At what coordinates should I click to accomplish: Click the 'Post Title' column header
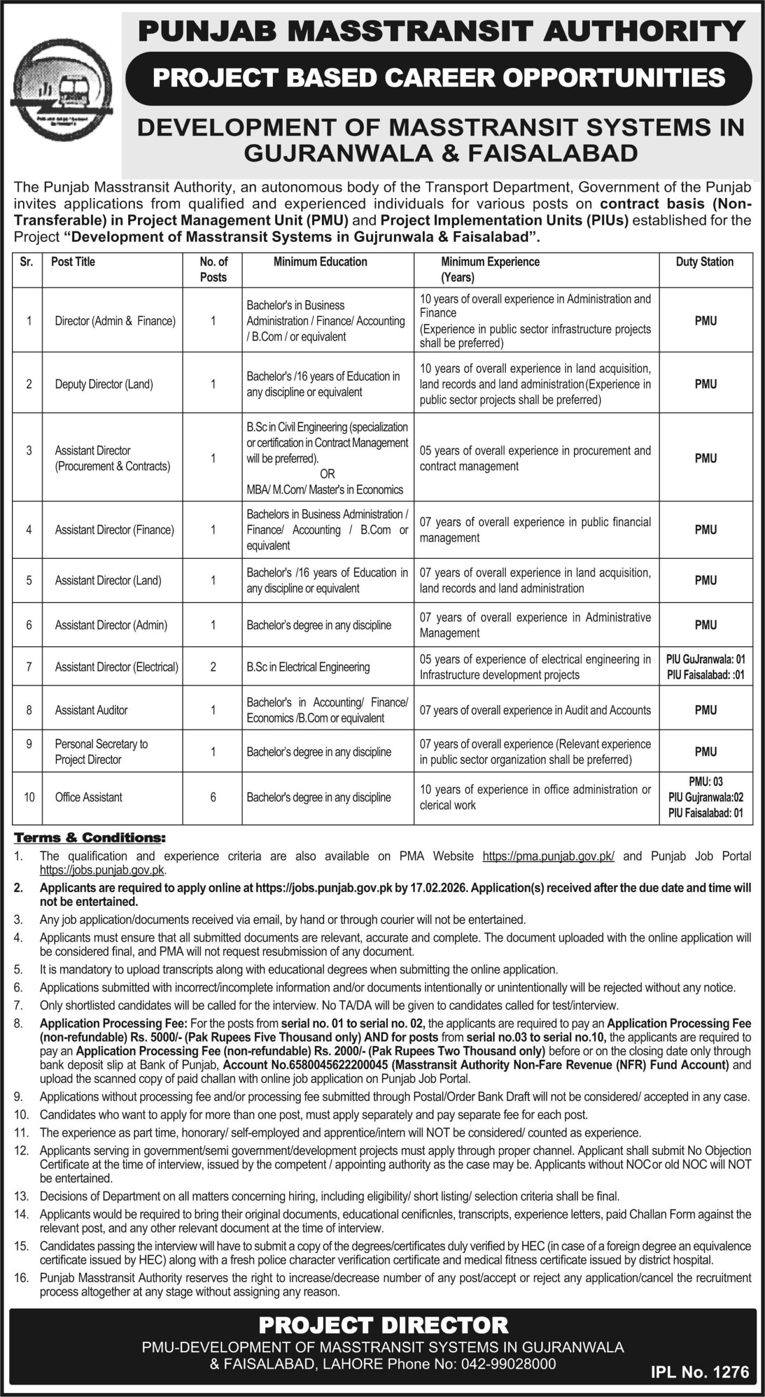(73, 262)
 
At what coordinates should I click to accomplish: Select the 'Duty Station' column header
(704, 262)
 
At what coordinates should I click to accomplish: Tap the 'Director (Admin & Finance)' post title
(115, 321)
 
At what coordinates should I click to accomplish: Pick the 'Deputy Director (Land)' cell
(104, 384)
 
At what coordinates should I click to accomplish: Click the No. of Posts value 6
(213, 797)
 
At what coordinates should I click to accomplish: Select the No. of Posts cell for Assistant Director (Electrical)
(213, 667)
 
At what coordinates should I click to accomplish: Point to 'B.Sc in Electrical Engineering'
(308, 667)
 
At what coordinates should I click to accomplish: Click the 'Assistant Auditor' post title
(91, 710)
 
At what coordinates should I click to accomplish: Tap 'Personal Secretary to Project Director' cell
(101, 751)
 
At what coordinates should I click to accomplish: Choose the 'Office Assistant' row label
(88, 797)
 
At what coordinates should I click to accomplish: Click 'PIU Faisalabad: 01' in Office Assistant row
(706, 813)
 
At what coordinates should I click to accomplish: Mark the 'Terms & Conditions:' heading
(89, 837)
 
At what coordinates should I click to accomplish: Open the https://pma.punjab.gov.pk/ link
(548, 856)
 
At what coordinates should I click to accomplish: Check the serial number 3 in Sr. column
(29, 451)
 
